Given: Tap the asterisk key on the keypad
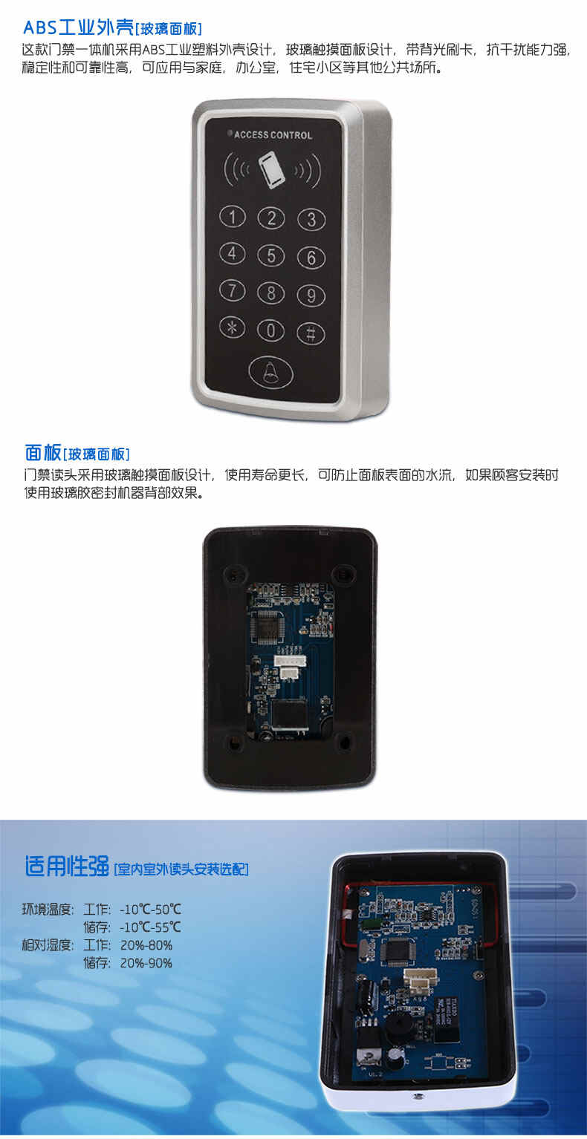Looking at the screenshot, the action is coord(232,328).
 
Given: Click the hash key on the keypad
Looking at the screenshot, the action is coord(311,333).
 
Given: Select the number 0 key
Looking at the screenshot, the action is coord(270,331).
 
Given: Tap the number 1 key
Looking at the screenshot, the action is coord(233,217).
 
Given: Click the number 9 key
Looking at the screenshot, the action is coord(311,296).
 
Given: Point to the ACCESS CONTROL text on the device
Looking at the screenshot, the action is coord(273,134).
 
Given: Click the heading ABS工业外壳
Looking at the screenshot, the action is coord(78,27).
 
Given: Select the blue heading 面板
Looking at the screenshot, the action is coord(43,451).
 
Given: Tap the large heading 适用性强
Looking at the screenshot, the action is coord(67,866).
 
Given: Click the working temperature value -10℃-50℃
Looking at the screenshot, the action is coord(151,909).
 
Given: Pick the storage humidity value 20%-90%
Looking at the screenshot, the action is coord(146,962).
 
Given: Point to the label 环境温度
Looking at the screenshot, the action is coord(48,909).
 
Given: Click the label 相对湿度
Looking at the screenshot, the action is coord(48,944).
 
